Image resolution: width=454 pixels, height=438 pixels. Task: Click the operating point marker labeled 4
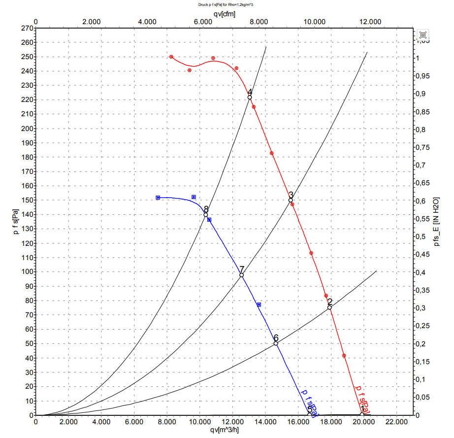[x=250, y=98]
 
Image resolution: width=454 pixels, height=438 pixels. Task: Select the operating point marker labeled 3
[x=291, y=200]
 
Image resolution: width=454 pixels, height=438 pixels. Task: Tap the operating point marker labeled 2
[x=329, y=307]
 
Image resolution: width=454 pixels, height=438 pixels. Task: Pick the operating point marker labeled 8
[x=206, y=215]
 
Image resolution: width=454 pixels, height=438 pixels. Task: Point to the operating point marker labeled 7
[x=242, y=275]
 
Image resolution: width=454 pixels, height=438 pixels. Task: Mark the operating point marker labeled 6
[x=276, y=343]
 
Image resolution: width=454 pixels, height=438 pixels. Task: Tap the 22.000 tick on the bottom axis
[x=396, y=422]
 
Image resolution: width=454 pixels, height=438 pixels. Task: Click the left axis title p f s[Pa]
[x=16, y=221]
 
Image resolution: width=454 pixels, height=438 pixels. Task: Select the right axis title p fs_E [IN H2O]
[x=435, y=221]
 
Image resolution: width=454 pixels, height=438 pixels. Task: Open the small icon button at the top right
[x=423, y=34]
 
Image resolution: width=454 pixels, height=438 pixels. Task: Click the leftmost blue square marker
[x=158, y=198]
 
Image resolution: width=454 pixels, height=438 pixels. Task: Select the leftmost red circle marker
[x=171, y=57]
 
